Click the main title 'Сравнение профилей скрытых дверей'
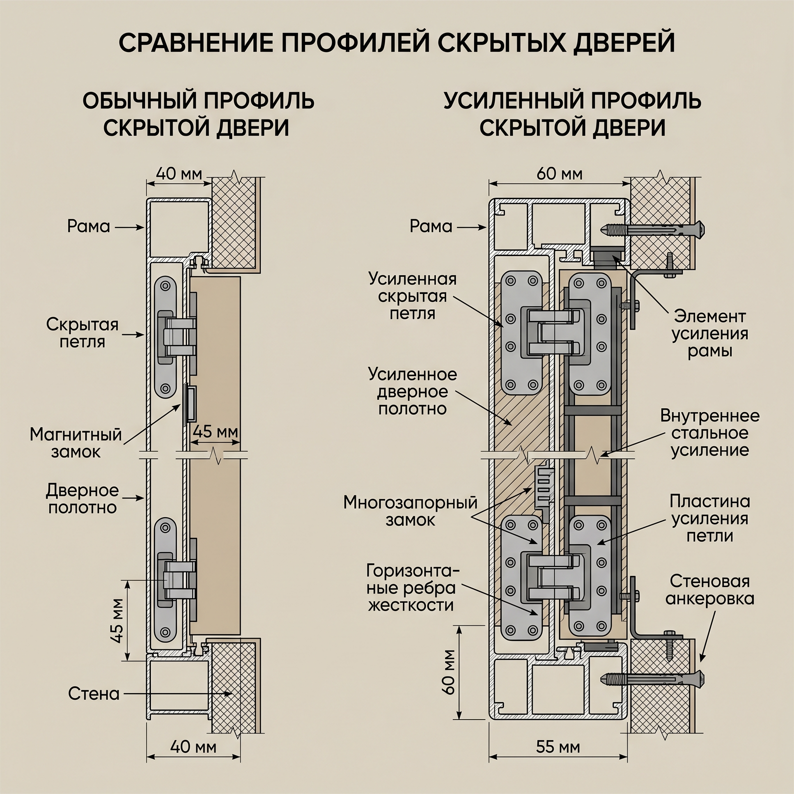coord(397,42)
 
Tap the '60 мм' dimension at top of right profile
coord(559,174)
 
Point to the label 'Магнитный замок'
coord(76,444)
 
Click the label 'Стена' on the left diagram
coord(94,694)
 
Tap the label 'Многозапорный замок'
coord(410,511)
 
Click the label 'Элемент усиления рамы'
coord(710,334)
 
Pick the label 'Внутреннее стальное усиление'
coord(710,433)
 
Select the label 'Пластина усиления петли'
coord(710,519)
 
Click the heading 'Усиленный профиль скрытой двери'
coord(572,114)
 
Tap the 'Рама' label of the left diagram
coord(89,226)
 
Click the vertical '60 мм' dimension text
coord(450,672)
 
